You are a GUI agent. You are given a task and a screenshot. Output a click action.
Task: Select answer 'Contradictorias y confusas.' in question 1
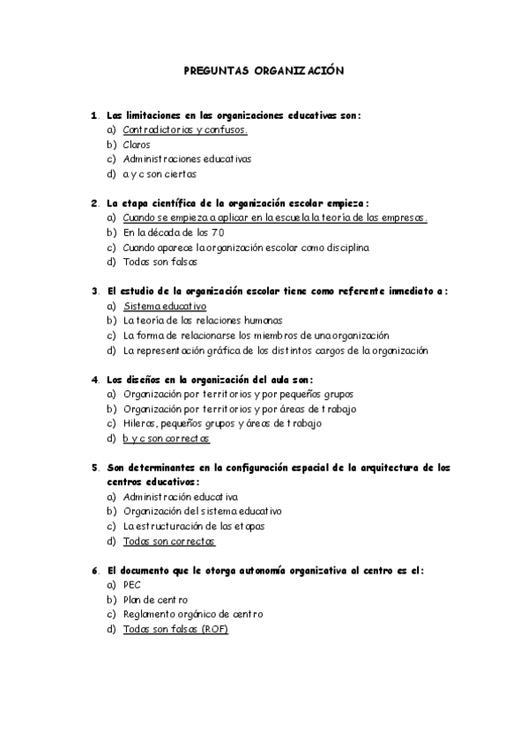pos(185,129)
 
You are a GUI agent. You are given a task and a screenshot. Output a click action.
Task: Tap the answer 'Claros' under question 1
pos(137,144)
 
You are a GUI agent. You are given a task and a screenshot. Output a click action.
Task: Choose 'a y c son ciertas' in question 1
pos(160,174)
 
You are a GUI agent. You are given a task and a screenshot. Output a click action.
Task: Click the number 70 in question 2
pos(217,232)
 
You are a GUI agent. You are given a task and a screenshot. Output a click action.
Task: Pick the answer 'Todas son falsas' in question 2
pos(160,262)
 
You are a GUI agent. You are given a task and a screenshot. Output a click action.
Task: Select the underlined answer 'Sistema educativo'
pos(165,306)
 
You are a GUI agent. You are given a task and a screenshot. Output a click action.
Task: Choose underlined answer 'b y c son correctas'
pos(167,439)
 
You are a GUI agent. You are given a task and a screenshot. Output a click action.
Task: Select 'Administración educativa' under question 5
pos(181,497)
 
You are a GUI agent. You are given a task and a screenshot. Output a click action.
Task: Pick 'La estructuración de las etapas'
pos(194,527)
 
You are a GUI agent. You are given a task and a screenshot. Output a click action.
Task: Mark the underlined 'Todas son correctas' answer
pos(169,541)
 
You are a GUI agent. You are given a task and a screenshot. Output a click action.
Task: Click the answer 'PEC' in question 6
pos(132,585)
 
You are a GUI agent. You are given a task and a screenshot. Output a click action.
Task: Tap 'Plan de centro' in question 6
pos(155,600)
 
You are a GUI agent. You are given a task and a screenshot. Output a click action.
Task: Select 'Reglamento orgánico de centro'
pos(193,614)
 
